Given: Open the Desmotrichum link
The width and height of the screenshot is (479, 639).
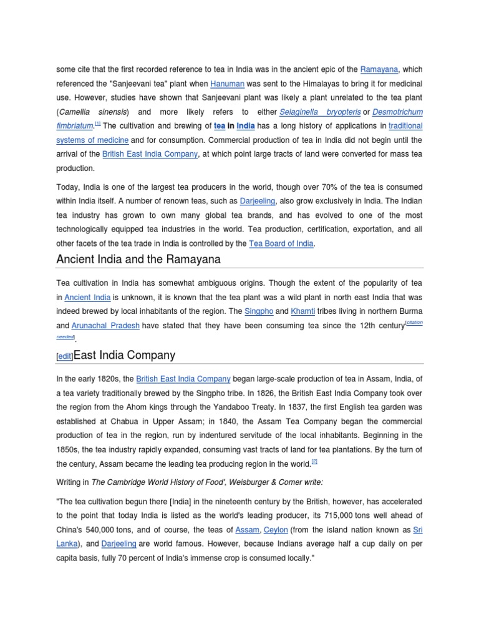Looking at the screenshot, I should click(x=399, y=112).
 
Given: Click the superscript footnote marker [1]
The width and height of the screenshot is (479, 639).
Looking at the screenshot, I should click(x=97, y=124).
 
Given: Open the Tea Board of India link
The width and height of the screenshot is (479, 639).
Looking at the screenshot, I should click(x=281, y=244).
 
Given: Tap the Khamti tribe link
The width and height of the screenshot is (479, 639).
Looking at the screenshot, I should click(x=302, y=311).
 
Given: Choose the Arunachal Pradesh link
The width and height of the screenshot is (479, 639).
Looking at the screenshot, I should click(x=105, y=326).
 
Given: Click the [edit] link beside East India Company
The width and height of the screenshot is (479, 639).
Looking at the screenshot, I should click(x=64, y=356).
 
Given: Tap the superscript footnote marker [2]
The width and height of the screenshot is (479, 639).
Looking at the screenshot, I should click(x=314, y=462).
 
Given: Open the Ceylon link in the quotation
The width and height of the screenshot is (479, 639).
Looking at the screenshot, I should click(x=276, y=530).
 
